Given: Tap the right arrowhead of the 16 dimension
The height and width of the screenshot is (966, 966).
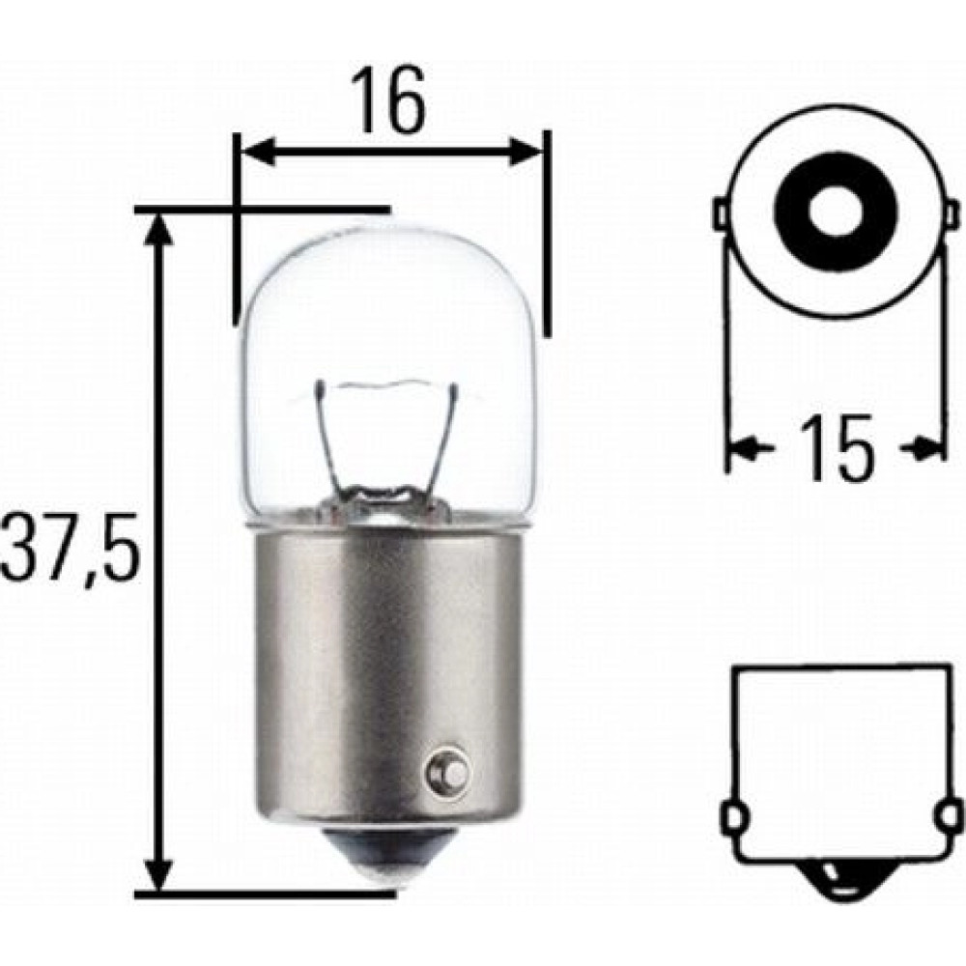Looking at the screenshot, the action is coord(524,152).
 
